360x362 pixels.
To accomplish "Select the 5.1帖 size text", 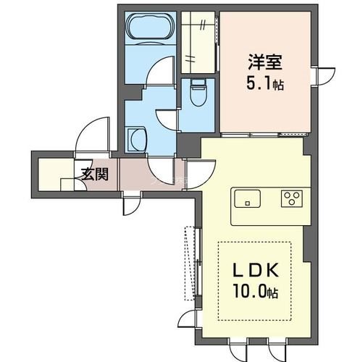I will coord(262,84).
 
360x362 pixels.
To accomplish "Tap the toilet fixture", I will coord(196,92).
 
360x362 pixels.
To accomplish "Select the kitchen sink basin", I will coord(248,198).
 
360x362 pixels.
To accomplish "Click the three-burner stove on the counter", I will coord(292,198).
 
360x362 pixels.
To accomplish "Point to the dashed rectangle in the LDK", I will coord(254,278).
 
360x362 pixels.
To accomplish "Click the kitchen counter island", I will coord(269,205).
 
